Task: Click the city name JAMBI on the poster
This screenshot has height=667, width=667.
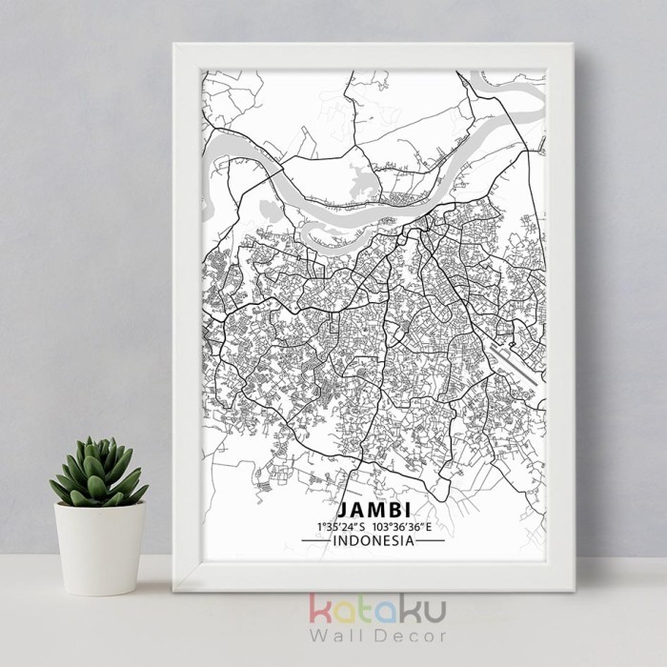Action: pos(374,508)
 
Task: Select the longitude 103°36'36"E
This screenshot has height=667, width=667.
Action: pos(404,526)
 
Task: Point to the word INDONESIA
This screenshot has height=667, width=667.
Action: pos(373,540)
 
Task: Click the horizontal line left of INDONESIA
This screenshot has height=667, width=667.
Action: pos(313,540)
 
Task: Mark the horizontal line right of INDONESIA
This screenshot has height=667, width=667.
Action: pos(431,540)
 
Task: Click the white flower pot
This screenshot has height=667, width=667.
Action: pos(100,548)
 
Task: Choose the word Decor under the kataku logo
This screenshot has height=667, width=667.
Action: pos(397,641)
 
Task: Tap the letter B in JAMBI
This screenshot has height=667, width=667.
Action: pos(393,508)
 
